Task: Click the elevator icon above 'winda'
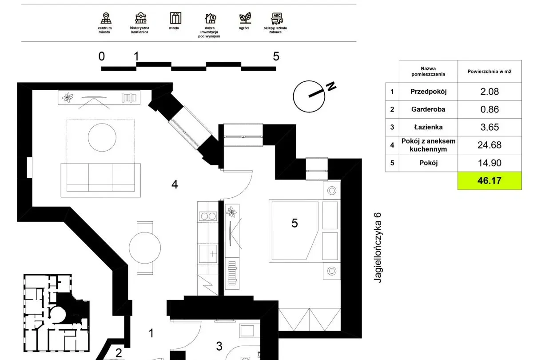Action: [x=175, y=18]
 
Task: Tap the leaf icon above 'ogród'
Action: [x=245, y=18]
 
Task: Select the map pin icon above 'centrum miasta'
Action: [x=106, y=18]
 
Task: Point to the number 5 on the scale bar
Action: [x=276, y=56]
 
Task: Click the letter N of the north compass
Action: [x=331, y=86]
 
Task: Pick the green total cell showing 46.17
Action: [x=489, y=181]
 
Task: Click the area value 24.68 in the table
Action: [x=489, y=145]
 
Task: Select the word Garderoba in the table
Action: [x=428, y=109]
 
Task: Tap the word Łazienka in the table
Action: [x=428, y=127]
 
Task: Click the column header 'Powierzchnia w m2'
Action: [x=489, y=72]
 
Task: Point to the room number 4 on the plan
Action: [x=175, y=184]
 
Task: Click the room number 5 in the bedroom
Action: [x=294, y=223]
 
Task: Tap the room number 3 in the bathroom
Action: [x=219, y=346]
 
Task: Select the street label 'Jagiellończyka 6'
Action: [x=378, y=248]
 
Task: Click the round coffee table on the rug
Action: [x=102, y=137]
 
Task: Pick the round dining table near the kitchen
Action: [x=145, y=248]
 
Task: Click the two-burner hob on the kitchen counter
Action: [x=208, y=216]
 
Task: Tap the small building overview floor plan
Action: [x=57, y=313]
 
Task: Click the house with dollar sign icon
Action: [x=211, y=18]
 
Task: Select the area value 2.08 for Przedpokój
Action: [x=489, y=92]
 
